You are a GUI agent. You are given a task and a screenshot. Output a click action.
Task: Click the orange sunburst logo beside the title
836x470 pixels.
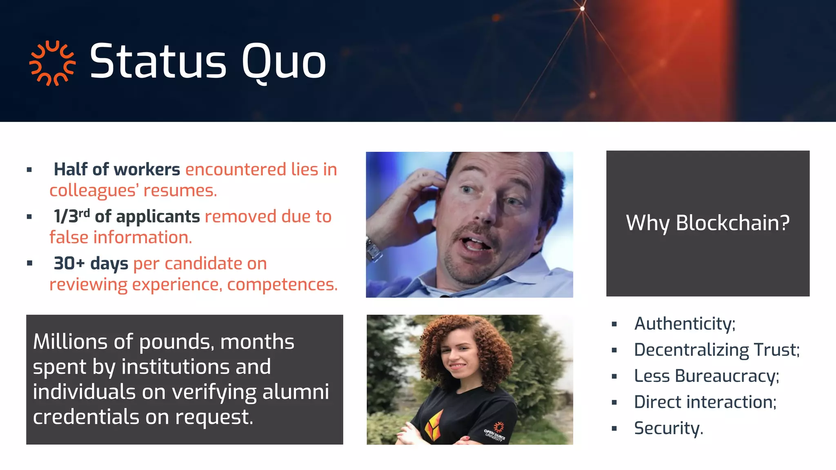click(x=52, y=63)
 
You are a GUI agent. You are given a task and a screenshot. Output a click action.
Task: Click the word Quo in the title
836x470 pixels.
click(x=284, y=62)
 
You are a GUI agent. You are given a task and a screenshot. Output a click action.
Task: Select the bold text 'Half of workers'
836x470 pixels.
click(x=117, y=169)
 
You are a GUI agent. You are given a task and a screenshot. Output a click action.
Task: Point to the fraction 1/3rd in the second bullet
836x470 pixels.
click(x=71, y=216)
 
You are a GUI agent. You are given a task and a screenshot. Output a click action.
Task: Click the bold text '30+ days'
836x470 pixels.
click(x=91, y=263)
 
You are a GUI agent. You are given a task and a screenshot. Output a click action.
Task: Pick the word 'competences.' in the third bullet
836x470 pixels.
click(x=282, y=284)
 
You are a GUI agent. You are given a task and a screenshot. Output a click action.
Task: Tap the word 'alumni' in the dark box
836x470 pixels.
click(x=295, y=392)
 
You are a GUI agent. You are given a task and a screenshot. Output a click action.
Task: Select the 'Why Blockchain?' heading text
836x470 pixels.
click(x=707, y=223)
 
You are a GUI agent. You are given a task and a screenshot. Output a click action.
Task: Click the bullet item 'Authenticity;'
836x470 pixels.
click(x=685, y=324)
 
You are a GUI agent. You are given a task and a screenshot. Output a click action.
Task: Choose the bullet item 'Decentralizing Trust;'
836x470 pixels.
click(x=716, y=350)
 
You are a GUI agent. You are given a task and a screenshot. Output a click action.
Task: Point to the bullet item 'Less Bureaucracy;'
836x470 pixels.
click(x=706, y=376)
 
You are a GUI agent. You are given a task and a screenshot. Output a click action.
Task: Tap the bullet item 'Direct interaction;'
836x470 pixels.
click(x=705, y=402)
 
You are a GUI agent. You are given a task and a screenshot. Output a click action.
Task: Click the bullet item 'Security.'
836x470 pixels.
click(x=668, y=428)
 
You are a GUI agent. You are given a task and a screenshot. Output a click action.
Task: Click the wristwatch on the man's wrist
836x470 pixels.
click(x=373, y=248)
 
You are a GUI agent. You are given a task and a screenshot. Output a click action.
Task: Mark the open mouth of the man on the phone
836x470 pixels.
click(x=476, y=244)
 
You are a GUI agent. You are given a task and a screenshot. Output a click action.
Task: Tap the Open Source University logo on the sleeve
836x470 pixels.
click(x=496, y=432)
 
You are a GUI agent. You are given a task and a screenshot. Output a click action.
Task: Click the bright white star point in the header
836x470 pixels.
click(x=583, y=8)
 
